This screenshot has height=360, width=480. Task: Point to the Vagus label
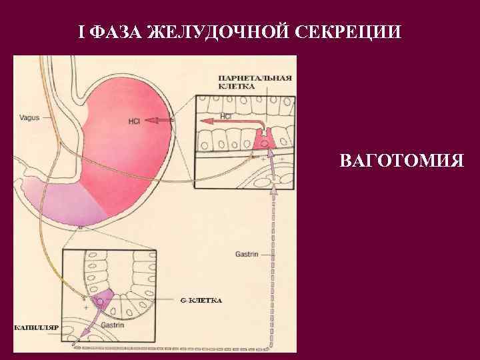[29, 117]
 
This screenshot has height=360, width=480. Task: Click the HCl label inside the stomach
[134, 121]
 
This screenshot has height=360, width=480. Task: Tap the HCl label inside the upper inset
[225, 115]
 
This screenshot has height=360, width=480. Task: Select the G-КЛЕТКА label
[201, 301]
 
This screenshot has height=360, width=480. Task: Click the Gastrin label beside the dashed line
[247, 254]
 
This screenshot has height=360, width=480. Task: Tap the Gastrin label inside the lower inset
[113, 325]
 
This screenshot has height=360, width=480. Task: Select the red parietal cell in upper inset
[264, 139]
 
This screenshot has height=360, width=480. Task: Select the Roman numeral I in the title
[83, 32]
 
